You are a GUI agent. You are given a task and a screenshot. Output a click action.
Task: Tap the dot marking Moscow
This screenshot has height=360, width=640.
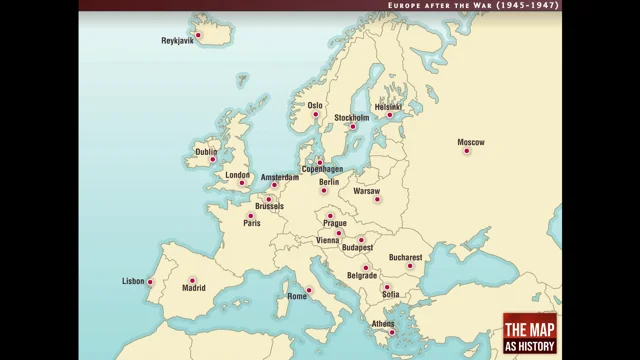[x=466, y=152]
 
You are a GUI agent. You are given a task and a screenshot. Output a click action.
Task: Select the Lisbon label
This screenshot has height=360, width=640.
[x=133, y=281]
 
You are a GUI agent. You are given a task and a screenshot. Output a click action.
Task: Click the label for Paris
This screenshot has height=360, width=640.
[x=252, y=223]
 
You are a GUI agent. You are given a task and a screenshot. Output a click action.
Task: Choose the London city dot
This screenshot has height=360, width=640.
[x=240, y=184]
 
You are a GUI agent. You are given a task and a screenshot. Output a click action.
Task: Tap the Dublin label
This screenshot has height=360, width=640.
[x=206, y=152]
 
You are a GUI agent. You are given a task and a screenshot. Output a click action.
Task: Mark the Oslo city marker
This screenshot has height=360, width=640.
[x=316, y=115]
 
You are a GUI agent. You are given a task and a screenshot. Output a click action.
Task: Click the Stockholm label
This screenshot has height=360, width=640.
[x=351, y=117]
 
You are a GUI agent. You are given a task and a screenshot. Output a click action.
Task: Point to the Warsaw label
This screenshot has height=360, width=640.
[x=367, y=190]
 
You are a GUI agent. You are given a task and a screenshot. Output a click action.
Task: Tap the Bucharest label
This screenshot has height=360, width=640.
[x=407, y=256]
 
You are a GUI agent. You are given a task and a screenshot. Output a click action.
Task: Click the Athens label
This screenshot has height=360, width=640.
[x=383, y=324]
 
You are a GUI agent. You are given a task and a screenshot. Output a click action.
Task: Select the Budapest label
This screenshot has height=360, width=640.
[x=357, y=247]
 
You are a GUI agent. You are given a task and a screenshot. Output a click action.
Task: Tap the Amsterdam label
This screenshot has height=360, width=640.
[x=280, y=177]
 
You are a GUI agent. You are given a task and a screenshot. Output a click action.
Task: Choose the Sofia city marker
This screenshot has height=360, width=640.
[x=386, y=287]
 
